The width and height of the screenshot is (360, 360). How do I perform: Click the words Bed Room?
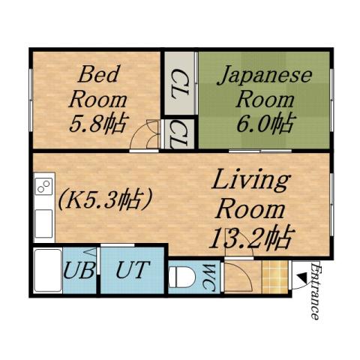[96, 86]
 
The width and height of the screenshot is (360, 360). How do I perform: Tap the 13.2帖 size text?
[249, 238]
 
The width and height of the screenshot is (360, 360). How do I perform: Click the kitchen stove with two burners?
[43, 185]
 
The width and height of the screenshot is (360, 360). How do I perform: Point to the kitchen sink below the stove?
[43, 222]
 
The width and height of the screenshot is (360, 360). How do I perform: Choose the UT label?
[133, 270]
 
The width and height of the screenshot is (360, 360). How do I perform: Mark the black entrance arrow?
[301, 277]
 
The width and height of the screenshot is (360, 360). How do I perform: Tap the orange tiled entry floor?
[275, 278]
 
